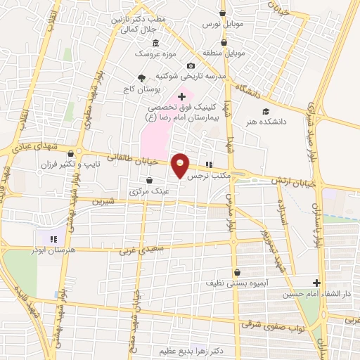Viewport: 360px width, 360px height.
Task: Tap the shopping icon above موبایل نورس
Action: click(x=223, y=13)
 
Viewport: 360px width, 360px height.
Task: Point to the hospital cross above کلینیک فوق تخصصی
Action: click(x=181, y=96)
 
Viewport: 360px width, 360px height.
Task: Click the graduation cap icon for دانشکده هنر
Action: click(x=265, y=111)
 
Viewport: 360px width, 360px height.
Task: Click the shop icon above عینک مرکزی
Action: click(x=149, y=181)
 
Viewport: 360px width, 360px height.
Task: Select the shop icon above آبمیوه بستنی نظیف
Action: click(x=237, y=272)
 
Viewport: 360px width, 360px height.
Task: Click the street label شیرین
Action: click(x=101, y=200)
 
